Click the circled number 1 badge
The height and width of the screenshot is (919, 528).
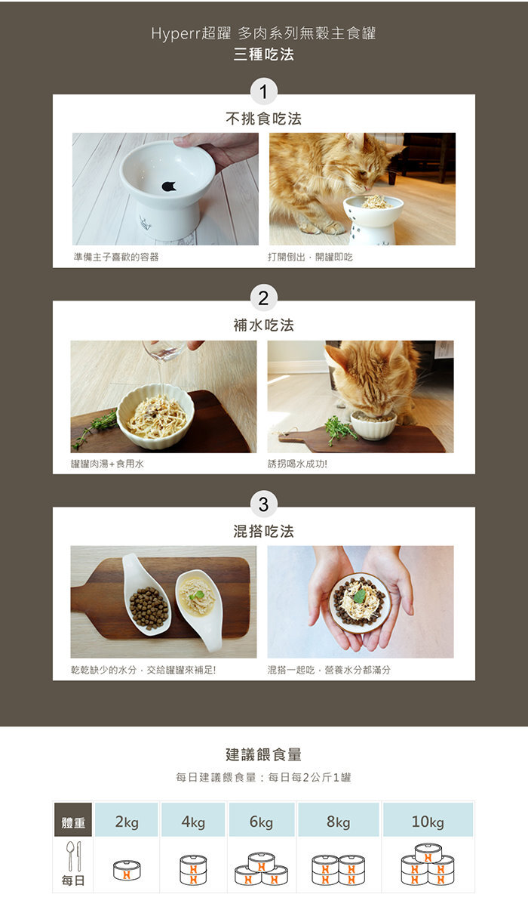pyautogui.click(x=263, y=91)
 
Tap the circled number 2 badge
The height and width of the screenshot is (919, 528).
pyautogui.click(x=263, y=298)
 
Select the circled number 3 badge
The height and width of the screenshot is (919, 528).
pyautogui.click(x=263, y=504)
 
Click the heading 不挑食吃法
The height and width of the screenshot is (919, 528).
pyautogui.click(x=263, y=119)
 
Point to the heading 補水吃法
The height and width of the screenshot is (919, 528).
pyautogui.click(x=263, y=325)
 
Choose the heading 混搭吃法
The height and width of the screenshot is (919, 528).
pyautogui.click(x=263, y=532)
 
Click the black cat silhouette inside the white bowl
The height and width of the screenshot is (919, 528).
pyautogui.click(x=168, y=187)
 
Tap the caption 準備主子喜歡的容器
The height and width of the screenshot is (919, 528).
pyautogui.click(x=116, y=257)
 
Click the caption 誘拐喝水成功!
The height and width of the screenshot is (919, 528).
pyautogui.click(x=297, y=464)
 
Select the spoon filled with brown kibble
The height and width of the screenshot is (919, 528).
pyautogui.click(x=146, y=594)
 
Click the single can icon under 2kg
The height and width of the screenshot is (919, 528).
pyautogui.click(x=127, y=870)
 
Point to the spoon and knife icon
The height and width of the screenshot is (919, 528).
pyautogui.click(x=74, y=856)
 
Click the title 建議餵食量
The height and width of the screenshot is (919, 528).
pyautogui.click(x=263, y=754)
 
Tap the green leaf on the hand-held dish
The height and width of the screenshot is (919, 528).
pyautogui.click(x=360, y=596)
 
